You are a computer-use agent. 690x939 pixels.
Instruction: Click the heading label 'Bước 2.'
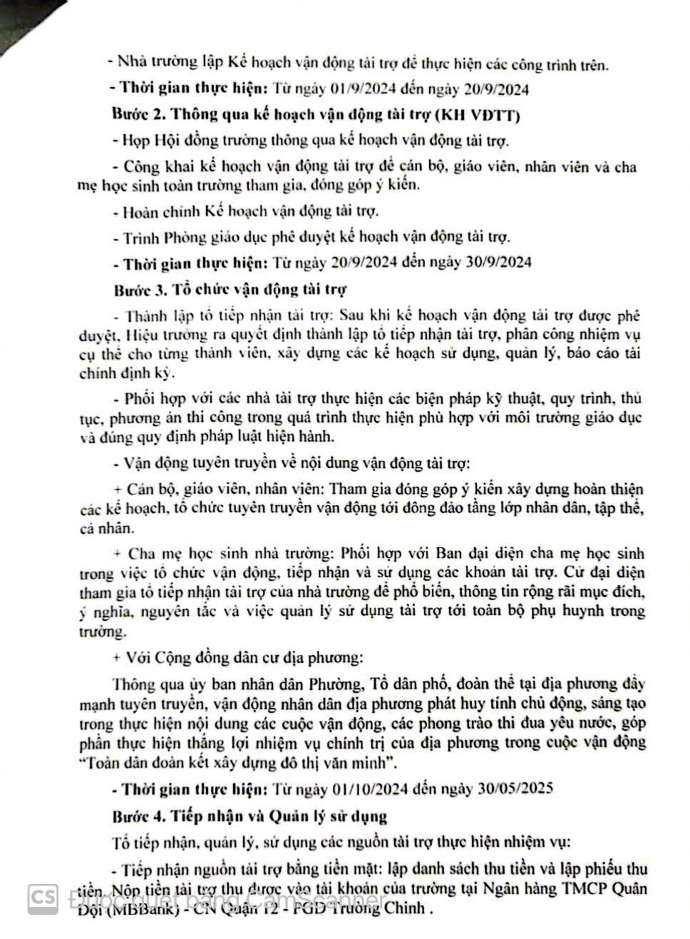[140, 114]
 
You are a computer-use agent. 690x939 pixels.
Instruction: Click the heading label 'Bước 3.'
[140, 290]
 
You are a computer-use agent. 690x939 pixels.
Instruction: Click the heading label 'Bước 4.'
[140, 815]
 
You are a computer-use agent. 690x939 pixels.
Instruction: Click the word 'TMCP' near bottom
[587, 888]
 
